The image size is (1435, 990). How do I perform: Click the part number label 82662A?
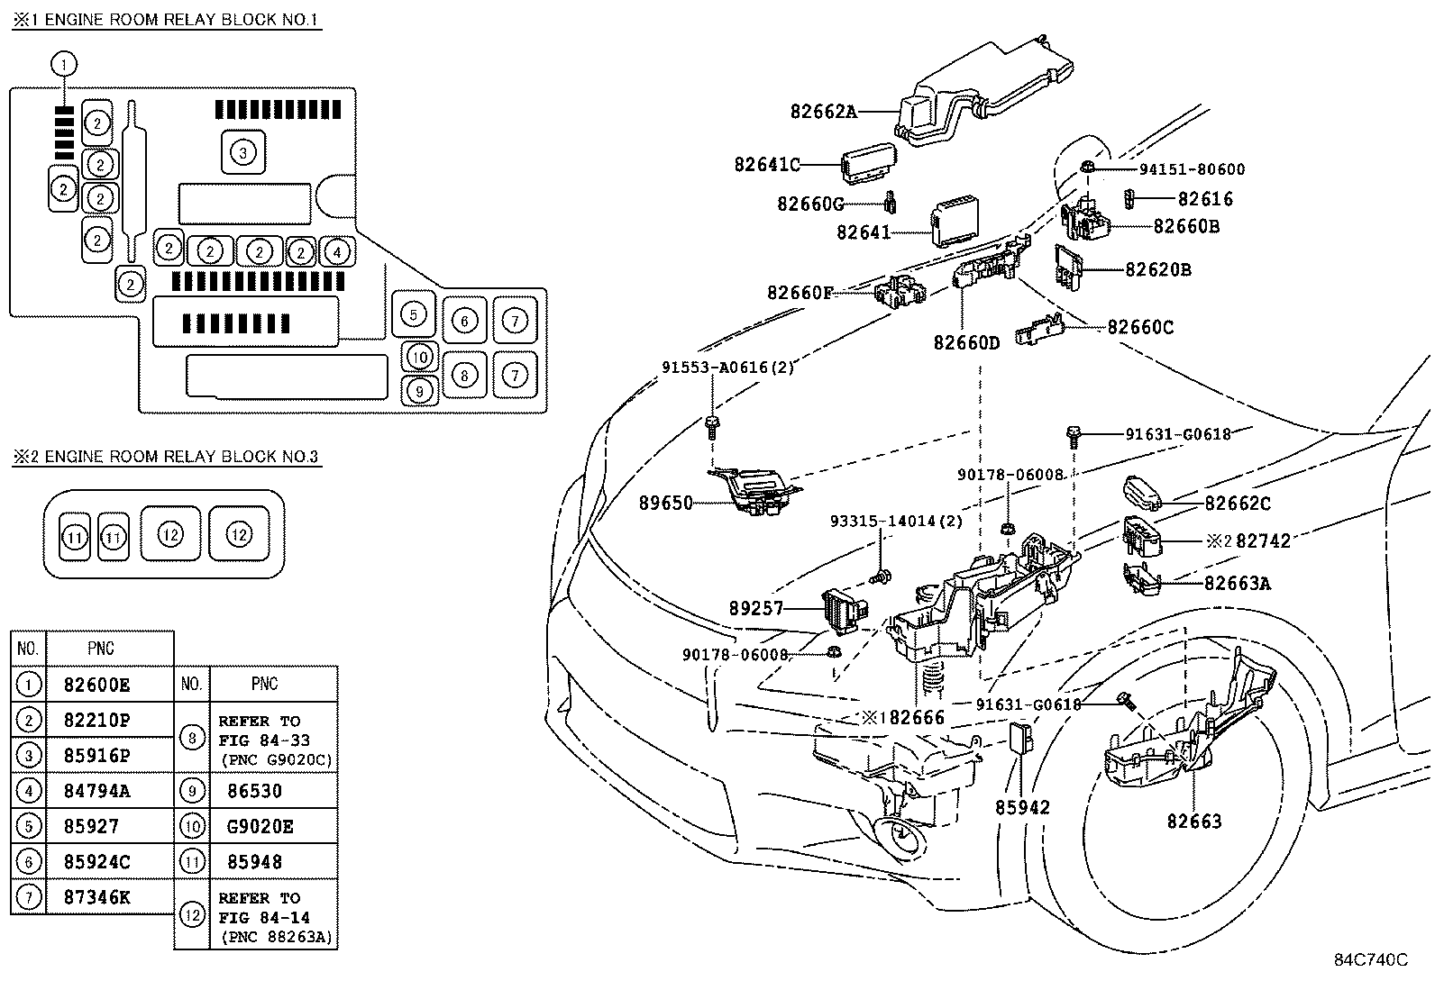[x=823, y=113]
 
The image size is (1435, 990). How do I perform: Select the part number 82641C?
[x=767, y=165]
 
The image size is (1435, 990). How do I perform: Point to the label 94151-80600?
[x=1192, y=169]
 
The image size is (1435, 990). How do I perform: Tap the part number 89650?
[x=666, y=504]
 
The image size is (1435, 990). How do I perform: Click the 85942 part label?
[x=1022, y=808]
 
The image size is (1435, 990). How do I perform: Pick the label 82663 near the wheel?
[x=1194, y=822]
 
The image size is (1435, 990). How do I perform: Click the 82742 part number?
[x=1263, y=540]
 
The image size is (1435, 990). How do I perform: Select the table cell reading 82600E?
[x=97, y=685]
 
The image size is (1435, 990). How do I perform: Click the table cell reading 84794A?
[x=97, y=791]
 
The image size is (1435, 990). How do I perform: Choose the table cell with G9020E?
[x=260, y=826]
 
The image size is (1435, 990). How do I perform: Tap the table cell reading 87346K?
[x=97, y=897]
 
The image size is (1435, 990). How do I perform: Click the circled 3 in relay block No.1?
[x=242, y=152]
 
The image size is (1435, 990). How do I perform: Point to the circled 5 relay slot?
[x=413, y=313]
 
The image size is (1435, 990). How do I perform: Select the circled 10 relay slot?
[x=419, y=357]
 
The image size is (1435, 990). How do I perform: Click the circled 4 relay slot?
[x=336, y=251]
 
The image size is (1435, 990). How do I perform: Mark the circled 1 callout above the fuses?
[x=64, y=64]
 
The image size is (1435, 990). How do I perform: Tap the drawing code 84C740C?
[x=1370, y=959]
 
